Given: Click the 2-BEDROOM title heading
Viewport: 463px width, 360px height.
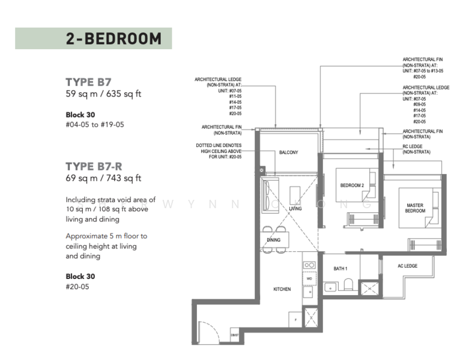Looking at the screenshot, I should click(x=113, y=38).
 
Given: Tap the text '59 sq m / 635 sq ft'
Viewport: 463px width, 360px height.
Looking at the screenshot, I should click(x=103, y=94).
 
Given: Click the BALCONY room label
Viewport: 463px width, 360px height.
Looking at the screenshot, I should click(x=288, y=152).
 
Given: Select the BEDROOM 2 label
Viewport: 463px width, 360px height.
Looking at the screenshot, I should click(x=352, y=185).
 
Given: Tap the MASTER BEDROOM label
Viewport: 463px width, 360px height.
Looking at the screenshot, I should click(x=415, y=208).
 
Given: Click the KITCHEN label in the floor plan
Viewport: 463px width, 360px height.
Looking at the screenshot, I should click(x=282, y=289).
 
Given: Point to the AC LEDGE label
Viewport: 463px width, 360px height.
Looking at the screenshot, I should click(x=407, y=266).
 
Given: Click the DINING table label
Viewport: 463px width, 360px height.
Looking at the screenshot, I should click(x=273, y=240).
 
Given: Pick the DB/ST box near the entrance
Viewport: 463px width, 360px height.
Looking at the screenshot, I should click(x=234, y=334).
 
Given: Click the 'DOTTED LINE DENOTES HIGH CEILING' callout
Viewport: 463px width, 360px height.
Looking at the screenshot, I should click(x=219, y=152).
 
